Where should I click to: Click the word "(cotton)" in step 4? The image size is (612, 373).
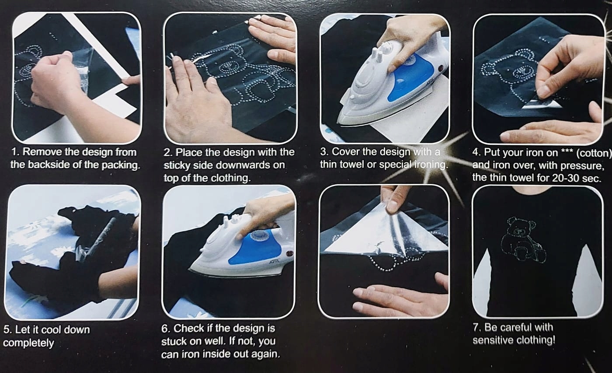pos(594,153)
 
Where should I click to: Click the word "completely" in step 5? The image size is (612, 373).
pos(28,343)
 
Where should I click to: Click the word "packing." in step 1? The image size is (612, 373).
pos(121,165)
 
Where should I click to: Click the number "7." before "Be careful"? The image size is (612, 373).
pos(477,327)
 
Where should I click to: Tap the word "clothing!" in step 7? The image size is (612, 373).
pos(537,341)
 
